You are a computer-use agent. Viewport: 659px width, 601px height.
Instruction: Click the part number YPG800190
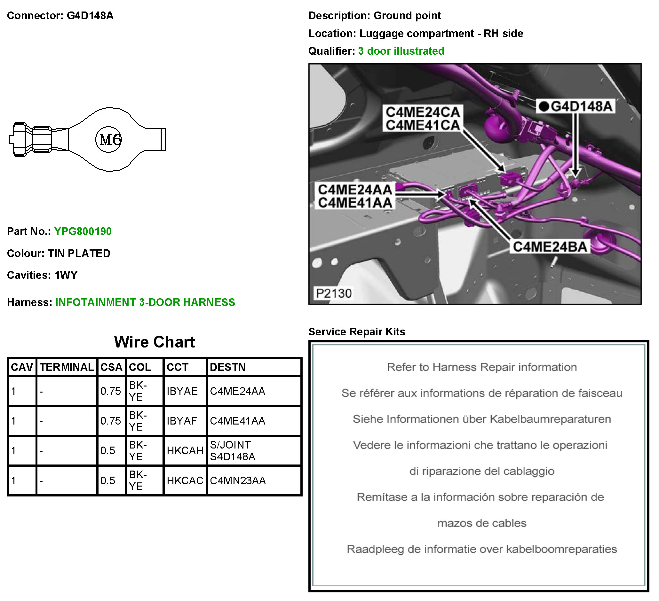pos(83,231)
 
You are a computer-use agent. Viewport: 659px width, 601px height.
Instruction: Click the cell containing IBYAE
pos(182,391)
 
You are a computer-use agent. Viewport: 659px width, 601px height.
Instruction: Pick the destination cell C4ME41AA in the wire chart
pos(237,421)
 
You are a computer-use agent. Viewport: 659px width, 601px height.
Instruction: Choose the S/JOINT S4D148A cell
pos(233,450)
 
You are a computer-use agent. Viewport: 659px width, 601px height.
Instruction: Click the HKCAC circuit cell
pos(185,480)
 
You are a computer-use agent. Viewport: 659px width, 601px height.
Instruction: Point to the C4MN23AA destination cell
pos(238,480)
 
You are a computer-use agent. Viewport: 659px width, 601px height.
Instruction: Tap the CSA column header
pos(111,367)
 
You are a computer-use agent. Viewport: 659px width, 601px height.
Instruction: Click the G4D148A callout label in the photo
pos(581,106)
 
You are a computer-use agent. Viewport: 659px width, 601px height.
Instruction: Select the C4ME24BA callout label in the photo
pos(550,246)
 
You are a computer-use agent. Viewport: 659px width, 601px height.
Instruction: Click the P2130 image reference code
pos(333,293)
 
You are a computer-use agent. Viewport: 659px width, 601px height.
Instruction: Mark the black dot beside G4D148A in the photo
pos(544,106)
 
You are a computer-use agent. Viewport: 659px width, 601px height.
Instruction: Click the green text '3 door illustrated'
pos(401,51)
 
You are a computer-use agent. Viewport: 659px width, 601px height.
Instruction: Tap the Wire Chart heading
pos(154,342)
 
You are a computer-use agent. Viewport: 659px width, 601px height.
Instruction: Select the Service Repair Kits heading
pos(357,332)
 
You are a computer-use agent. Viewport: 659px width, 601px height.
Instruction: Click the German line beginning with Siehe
pos(481,419)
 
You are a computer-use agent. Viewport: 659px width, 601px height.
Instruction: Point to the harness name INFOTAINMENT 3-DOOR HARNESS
pos(145,302)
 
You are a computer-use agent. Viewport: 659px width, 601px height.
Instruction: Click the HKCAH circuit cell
pos(185,450)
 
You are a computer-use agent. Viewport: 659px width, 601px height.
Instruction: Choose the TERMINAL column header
pos(67,367)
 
